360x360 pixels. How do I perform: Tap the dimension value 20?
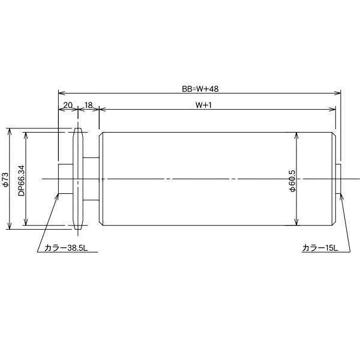[67, 104]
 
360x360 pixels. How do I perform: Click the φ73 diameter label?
[5, 179]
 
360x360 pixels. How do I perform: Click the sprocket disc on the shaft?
[77, 179]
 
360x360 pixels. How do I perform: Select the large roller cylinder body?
[216, 179]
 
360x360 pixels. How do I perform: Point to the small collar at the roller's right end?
[338, 179]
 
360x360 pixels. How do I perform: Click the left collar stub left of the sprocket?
[65, 179]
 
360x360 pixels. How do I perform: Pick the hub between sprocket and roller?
[91, 179]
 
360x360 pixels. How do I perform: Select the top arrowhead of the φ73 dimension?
[10, 130]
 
